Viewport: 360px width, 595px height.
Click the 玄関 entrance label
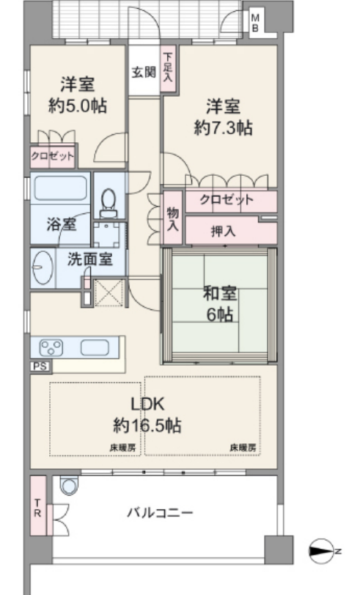(144, 72)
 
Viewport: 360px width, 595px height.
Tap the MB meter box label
(256, 23)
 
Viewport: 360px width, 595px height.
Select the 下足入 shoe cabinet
(168, 68)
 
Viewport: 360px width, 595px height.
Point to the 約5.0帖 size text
(78, 106)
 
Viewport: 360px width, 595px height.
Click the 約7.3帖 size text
(224, 128)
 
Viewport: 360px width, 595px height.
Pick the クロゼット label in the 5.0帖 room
(53, 156)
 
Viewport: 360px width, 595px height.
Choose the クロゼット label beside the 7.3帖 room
(227, 199)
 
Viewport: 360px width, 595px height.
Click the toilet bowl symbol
(109, 203)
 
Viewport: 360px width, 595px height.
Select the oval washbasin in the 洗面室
(43, 267)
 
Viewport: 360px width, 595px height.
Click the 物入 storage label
(173, 219)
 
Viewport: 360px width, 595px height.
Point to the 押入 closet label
(223, 231)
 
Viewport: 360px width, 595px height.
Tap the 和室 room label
(220, 293)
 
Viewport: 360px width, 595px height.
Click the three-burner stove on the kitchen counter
(51, 347)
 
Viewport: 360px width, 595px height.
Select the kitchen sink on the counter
(95, 347)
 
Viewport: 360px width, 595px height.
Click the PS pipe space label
(40, 366)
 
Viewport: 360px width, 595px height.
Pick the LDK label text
(147, 404)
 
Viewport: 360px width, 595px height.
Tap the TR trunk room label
(37, 509)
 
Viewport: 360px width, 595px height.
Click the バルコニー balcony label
(160, 513)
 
